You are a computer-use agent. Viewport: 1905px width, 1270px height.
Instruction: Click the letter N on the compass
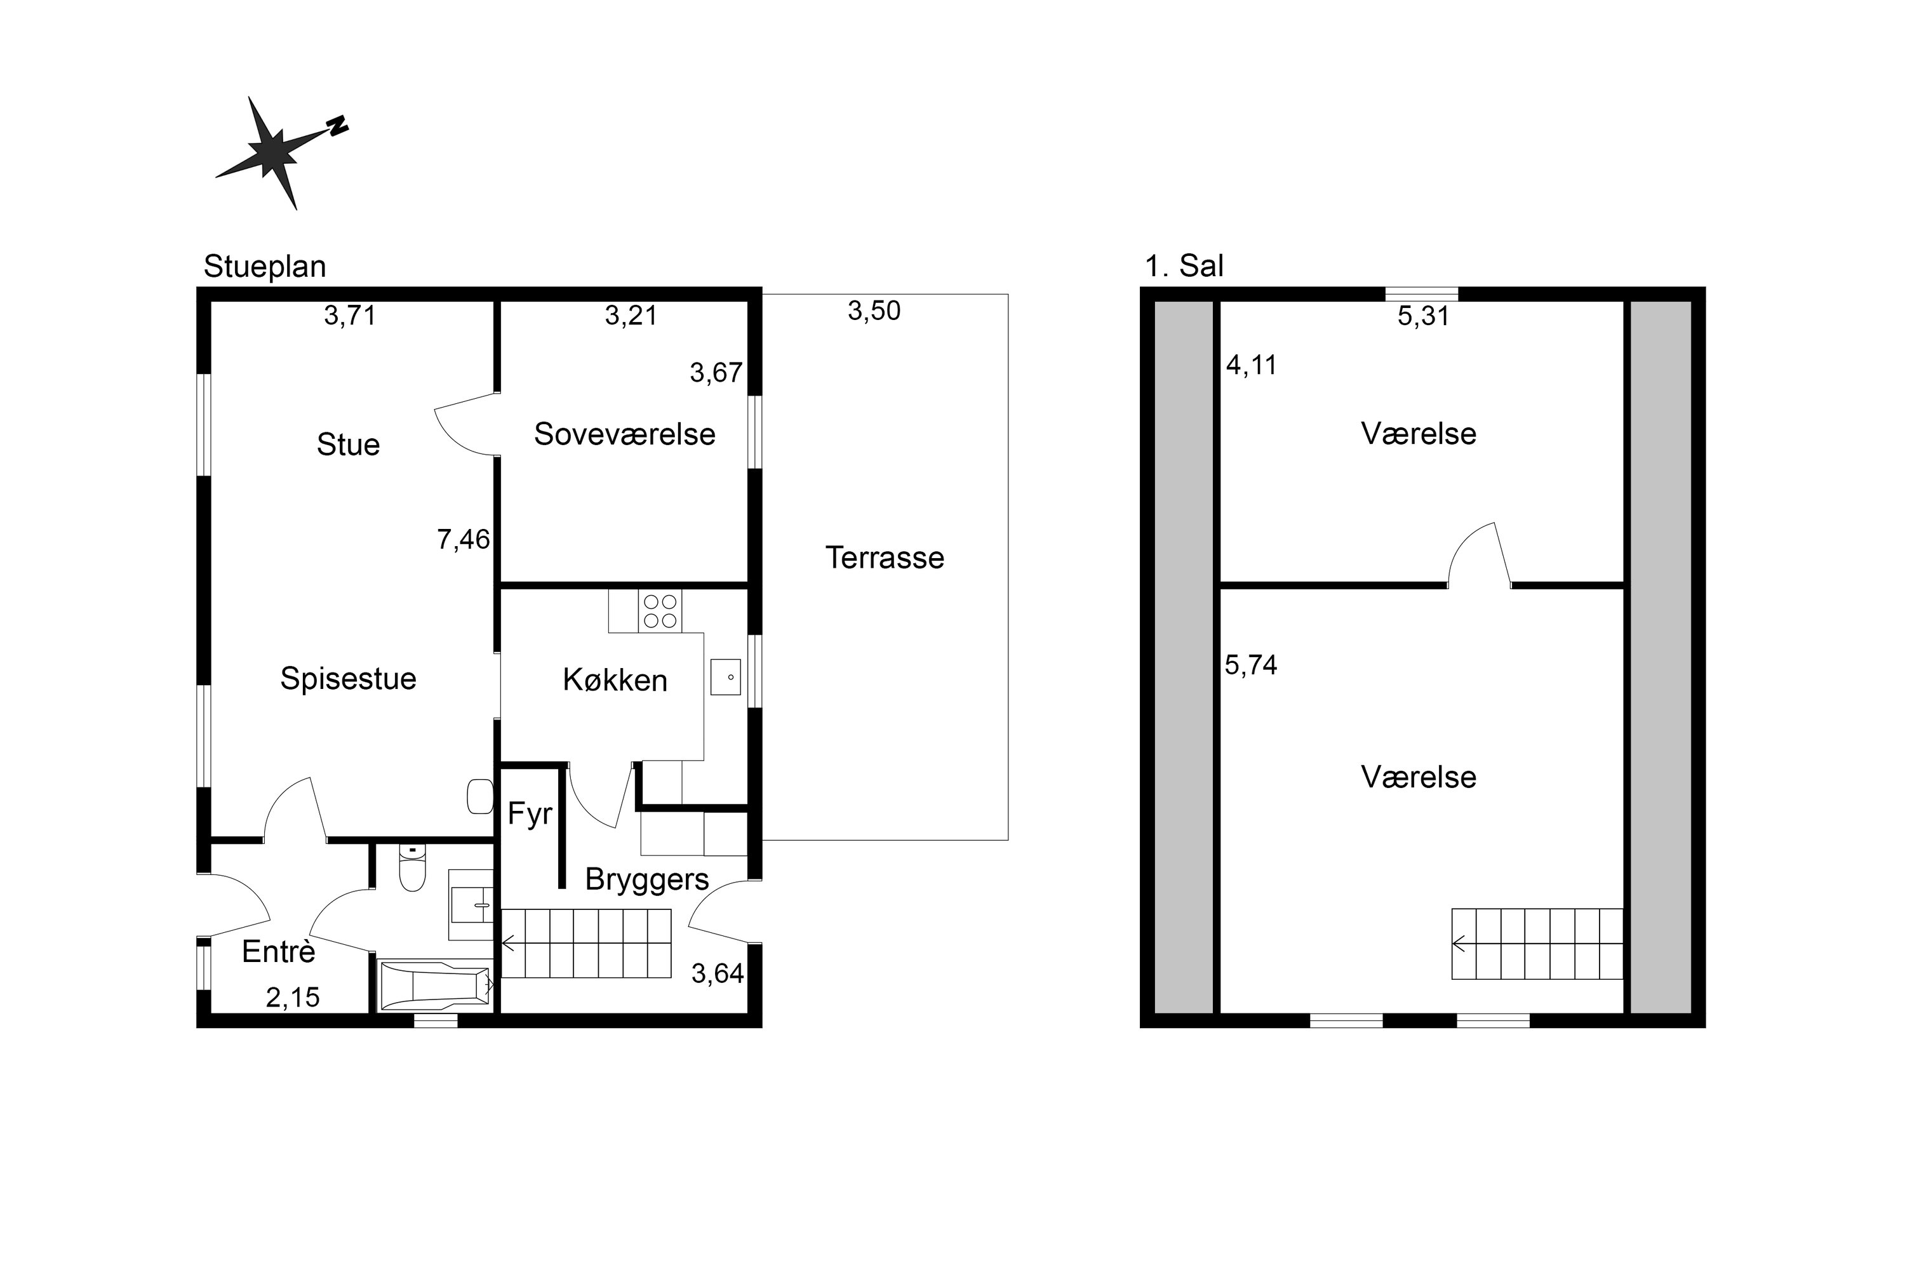338,126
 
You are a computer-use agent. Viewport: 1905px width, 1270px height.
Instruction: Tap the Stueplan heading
265,267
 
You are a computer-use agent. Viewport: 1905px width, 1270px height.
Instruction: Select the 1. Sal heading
1184,265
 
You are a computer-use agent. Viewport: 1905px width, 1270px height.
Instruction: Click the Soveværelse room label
624,434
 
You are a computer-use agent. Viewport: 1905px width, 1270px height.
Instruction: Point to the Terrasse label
885,558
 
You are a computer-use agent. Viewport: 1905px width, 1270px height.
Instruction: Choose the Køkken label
615,680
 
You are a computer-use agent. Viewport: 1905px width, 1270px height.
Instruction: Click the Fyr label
530,814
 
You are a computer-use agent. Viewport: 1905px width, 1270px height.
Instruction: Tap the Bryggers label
647,879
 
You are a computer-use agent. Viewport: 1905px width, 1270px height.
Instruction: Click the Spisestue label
348,679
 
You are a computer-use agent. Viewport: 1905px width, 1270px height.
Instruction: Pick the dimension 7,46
464,539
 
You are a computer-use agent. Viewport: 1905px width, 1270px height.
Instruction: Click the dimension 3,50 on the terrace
874,311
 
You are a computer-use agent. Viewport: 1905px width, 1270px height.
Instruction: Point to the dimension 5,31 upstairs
1423,316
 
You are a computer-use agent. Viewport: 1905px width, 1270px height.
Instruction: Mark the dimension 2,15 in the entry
292,998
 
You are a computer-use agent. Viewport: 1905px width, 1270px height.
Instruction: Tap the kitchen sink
726,676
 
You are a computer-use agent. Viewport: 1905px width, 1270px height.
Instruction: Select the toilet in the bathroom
412,868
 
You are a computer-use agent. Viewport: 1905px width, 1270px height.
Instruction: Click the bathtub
436,986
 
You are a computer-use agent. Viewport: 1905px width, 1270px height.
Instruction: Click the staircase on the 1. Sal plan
1537,944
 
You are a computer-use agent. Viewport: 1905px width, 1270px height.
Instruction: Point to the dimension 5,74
1250,665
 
